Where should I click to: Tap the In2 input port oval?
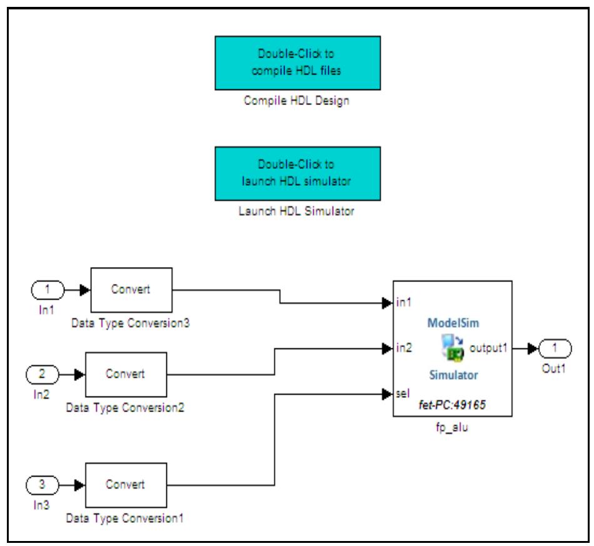(x=42, y=375)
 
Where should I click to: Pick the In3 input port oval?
(x=42, y=485)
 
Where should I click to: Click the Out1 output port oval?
(x=553, y=348)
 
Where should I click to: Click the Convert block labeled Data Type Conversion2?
(x=126, y=375)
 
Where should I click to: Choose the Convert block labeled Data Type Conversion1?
(x=126, y=485)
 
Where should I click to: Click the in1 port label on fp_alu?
(x=404, y=303)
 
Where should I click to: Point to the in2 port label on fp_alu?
(x=404, y=348)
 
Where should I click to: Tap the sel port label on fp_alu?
(x=403, y=393)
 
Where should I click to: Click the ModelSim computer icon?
(x=452, y=348)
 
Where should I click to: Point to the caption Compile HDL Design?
(x=296, y=101)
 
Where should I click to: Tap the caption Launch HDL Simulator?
(x=296, y=211)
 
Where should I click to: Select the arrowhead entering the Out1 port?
(x=532, y=348)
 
